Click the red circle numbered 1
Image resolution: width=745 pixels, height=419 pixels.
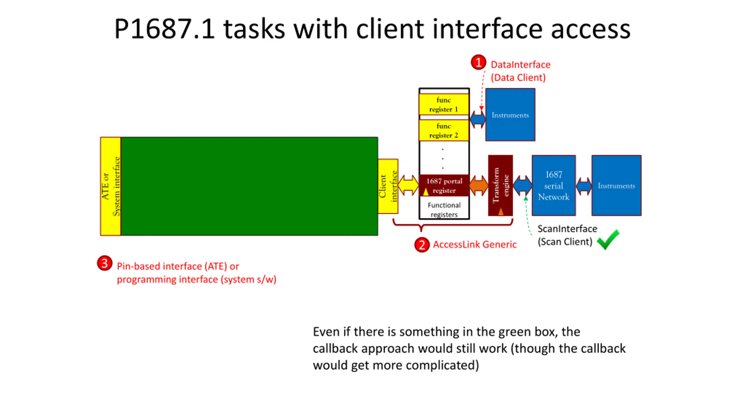pos(478,62)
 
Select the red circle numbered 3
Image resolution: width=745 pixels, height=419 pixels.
pos(104,263)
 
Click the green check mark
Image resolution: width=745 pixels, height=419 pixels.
pos(608,239)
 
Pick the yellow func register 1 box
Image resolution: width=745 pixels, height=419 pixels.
pos(444,104)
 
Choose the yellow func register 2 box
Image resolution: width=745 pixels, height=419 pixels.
pos(444,130)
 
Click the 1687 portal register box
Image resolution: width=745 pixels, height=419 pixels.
pos(444,185)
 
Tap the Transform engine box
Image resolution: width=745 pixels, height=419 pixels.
pos(500,186)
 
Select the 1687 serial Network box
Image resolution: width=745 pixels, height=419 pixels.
pos(554,186)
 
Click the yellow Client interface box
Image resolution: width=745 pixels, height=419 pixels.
pos(388,186)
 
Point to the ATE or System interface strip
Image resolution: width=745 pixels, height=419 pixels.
pos(111,186)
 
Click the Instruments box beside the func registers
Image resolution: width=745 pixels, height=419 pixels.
pos(510,115)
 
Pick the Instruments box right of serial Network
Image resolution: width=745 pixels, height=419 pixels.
pos(616,186)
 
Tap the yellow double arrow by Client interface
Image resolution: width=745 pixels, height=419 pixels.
pos(408,185)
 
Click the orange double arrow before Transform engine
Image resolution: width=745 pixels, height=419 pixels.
pos(479,185)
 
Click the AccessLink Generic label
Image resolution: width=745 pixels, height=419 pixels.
pos(475,244)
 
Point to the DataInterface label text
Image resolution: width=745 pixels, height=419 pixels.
pos(520,65)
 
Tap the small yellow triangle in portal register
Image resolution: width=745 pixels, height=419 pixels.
pos(426,192)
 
